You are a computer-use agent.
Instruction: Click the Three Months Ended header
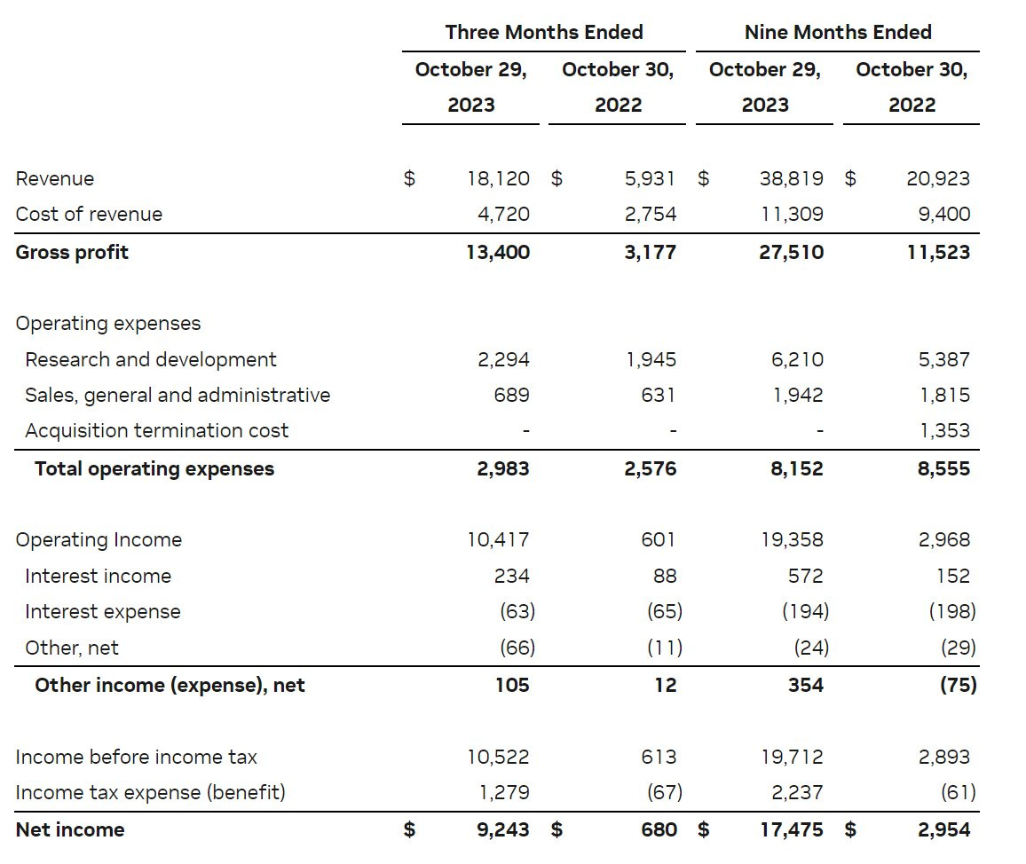click(x=544, y=33)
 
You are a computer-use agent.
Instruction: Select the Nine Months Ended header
click(x=838, y=33)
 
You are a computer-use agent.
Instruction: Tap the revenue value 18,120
click(x=498, y=178)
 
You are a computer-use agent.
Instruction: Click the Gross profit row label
click(x=72, y=252)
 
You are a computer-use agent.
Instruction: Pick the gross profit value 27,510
click(x=790, y=252)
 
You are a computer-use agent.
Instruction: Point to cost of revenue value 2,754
click(x=651, y=214)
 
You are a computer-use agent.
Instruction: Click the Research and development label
click(x=151, y=359)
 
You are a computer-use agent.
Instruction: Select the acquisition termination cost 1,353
click(x=944, y=431)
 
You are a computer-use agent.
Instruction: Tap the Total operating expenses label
click(x=154, y=468)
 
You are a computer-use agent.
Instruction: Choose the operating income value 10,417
click(x=498, y=539)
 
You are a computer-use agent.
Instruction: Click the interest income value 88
click(x=665, y=576)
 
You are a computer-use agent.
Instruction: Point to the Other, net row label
click(x=72, y=648)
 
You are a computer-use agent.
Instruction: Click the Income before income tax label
click(x=137, y=757)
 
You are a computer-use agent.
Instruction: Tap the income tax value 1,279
click(x=503, y=792)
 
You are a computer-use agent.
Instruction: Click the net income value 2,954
click(x=938, y=830)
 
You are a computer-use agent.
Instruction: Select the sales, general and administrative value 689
click(x=511, y=395)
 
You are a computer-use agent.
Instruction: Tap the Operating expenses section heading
click(x=108, y=324)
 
